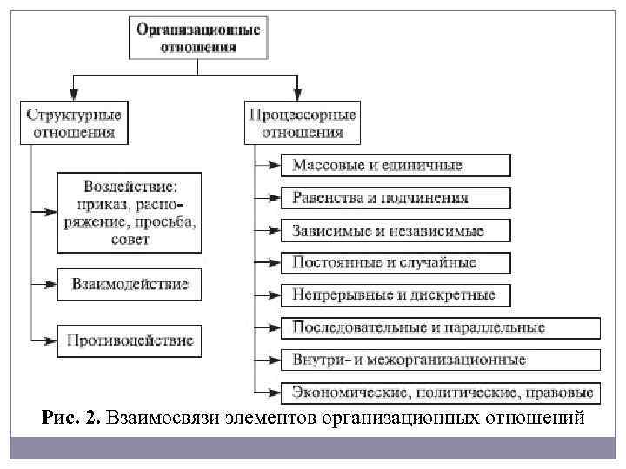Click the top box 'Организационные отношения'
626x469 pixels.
[x=197, y=37]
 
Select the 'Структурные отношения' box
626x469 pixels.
[x=73, y=123]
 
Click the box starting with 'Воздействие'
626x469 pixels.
[x=130, y=213]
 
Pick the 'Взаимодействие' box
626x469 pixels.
[x=130, y=284]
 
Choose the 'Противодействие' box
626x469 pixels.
[x=130, y=340]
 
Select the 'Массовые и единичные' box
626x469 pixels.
[x=395, y=165]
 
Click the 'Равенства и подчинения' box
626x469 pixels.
[x=395, y=198]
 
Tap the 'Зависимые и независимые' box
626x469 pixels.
[x=395, y=231]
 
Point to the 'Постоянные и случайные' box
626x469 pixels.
[x=395, y=262]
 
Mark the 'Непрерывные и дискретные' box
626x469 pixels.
[x=395, y=295]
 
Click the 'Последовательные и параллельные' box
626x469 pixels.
[x=439, y=327]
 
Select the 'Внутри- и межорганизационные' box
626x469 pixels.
[x=439, y=359]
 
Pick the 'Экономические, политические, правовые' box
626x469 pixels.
[x=439, y=391]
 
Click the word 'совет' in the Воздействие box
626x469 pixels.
[x=130, y=239]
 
